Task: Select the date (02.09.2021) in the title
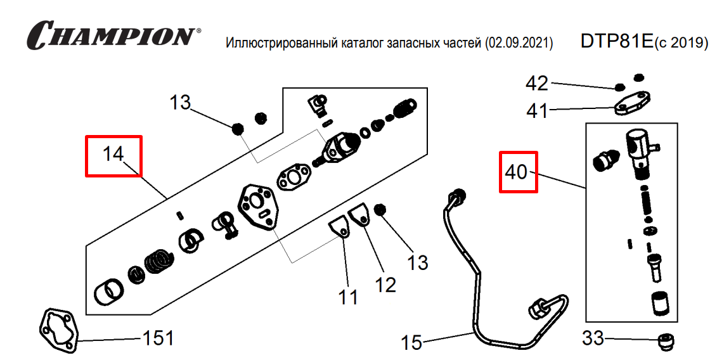(x=519, y=43)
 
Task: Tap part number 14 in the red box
(x=113, y=154)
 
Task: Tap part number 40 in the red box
(x=517, y=171)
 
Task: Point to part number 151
(x=157, y=338)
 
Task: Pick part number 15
(x=411, y=343)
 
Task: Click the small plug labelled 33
(x=666, y=344)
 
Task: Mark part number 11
(x=348, y=296)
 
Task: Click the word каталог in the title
(x=359, y=43)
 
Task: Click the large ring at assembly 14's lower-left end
(x=109, y=292)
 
